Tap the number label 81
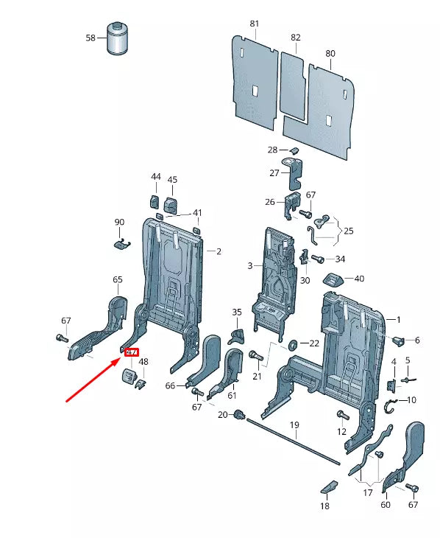coord(255,24)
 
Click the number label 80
coord(330,54)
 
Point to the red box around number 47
coord(132,352)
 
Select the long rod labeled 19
coord(294,441)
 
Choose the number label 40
coord(359,279)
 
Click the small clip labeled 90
coord(120,244)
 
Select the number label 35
coord(236,312)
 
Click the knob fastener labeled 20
coord(239,416)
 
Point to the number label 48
coord(143,362)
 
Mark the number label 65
coord(117,279)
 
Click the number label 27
coord(274,173)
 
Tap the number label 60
coord(385,505)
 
